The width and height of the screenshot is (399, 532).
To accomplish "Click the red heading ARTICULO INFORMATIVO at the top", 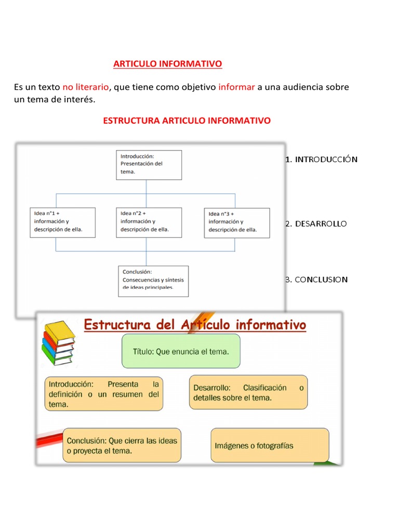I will coord(167,64).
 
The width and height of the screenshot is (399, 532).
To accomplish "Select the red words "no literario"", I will coord(86,87).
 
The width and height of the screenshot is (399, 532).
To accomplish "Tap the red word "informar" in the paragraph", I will coord(236,87).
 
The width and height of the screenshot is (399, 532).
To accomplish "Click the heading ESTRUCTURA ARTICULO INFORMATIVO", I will coord(187,121).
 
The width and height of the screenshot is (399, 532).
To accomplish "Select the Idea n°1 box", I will coord(62,222).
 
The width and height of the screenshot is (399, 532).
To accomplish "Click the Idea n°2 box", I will coord(149,222).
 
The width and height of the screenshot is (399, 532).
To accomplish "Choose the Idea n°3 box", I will coord(236,222).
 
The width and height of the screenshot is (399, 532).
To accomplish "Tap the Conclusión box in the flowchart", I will coord(153,281).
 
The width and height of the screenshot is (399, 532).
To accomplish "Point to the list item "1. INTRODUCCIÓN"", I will coord(321,159).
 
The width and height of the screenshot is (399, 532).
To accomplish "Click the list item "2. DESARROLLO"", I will coord(315,224).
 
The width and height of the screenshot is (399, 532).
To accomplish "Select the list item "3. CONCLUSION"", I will coord(316,280).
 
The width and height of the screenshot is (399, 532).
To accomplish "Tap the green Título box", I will coord(181,351).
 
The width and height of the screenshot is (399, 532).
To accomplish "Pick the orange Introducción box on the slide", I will coord(104,394).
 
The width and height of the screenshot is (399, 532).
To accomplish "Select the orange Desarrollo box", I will coord(248,392).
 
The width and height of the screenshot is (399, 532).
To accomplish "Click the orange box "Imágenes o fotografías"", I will coord(270,445).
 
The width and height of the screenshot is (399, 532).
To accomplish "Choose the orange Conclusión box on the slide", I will coord(122,445).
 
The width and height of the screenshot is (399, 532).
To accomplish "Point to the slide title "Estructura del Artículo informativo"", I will coord(195,326).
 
